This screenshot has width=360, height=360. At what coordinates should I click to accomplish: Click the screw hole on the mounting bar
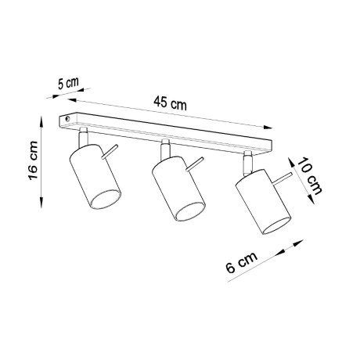(x=70, y=119)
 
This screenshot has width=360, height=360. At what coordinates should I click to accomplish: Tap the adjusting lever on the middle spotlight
(x=193, y=164)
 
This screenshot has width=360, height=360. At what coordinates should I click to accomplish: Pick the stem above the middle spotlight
(x=165, y=147)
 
